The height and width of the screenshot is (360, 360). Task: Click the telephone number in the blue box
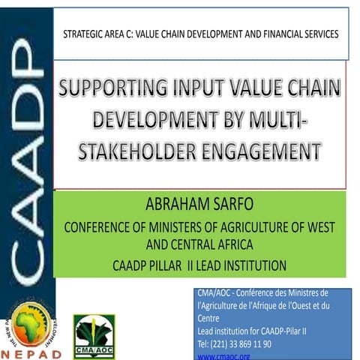pyautogui.click(x=234, y=343)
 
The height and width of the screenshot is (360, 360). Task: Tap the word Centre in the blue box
pyautogui.click(x=208, y=318)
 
